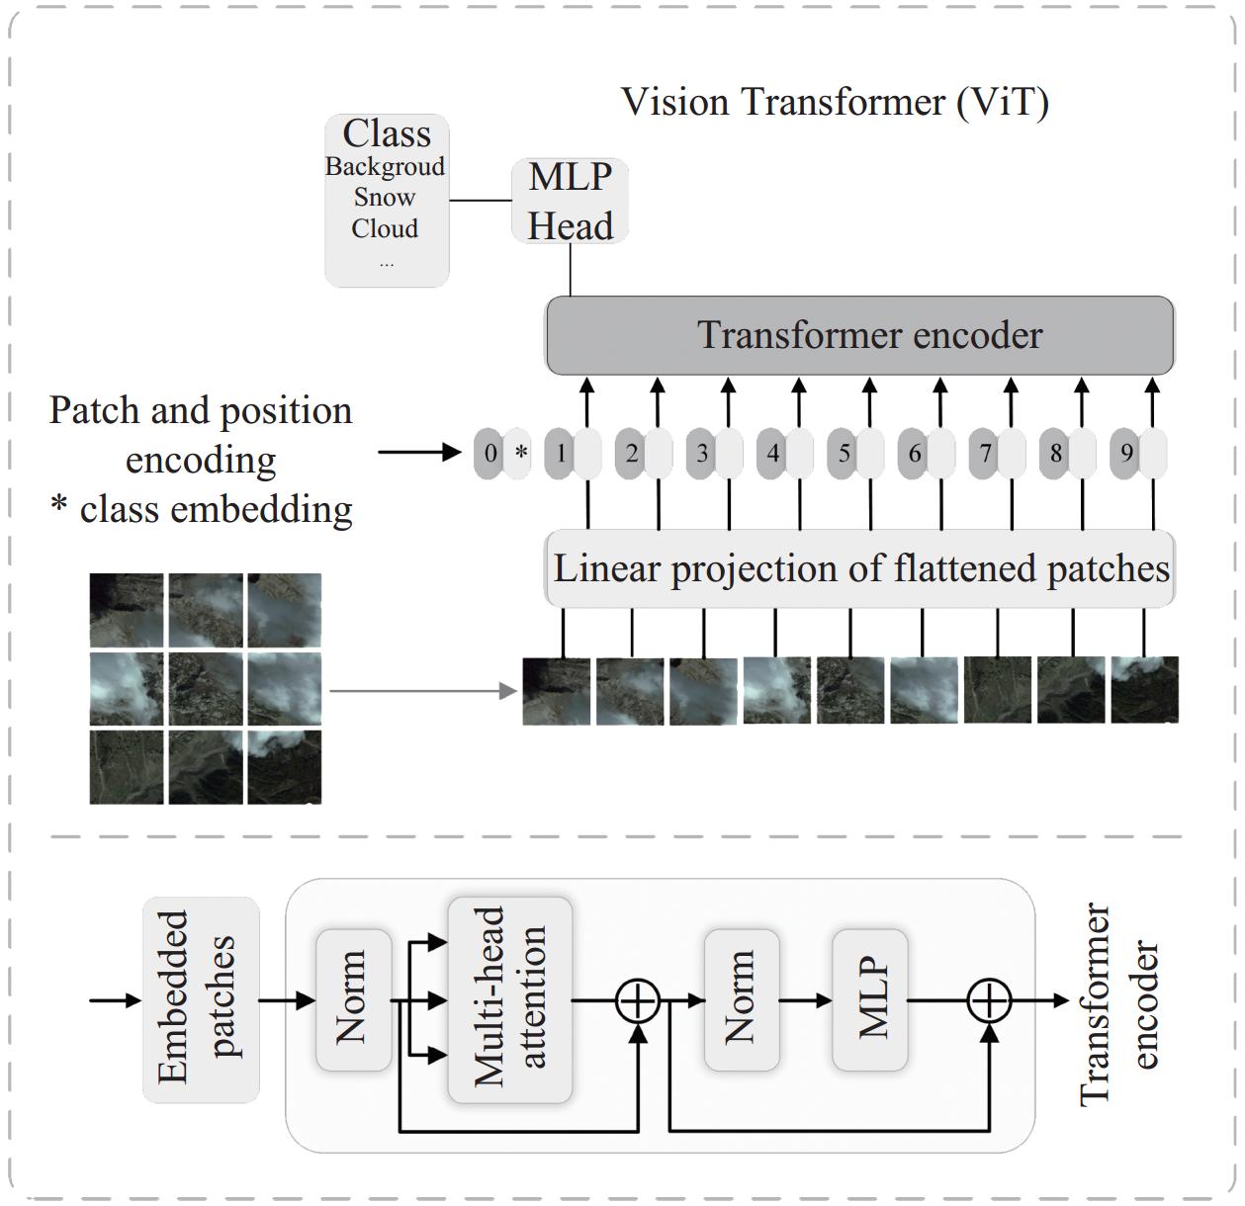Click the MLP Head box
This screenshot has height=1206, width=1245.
tap(570, 201)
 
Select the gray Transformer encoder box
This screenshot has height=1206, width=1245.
tap(859, 335)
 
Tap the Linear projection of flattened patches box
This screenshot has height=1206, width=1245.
tap(859, 568)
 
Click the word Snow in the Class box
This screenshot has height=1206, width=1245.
tap(385, 197)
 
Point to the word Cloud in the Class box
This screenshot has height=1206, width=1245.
tap(385, 228)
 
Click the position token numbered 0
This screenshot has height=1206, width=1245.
tap(489, 454)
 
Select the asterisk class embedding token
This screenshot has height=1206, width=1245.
tap(519, 454)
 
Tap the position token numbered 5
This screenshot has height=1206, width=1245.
tap(844, 454)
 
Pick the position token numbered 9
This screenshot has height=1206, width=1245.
tap(1126, 454)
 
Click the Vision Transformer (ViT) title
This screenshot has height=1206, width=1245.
tap(835, 102)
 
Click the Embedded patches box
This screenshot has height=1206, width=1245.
tap(201, 1000)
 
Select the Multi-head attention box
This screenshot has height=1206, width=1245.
tap(510, 1000)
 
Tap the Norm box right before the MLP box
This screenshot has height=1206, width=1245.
tap(742, 1000)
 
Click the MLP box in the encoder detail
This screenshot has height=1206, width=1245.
tap(870, 1000)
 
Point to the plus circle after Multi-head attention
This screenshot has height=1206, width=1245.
tap(637, 1000)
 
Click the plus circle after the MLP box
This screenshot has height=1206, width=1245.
tap(989, 1000)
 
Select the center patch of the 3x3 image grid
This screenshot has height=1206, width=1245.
tap(206, 689)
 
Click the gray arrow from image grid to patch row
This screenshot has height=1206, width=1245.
tap(423, 691)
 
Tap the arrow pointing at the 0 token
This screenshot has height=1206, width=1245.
tap(419, 453)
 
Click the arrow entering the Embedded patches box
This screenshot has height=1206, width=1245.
tap(115, 1000)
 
